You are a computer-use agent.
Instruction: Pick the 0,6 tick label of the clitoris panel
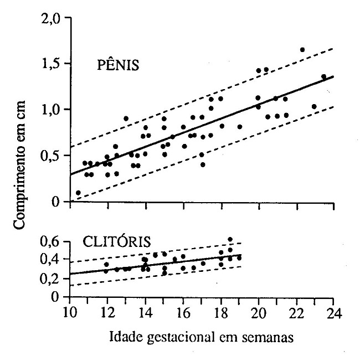(x=54, y=241)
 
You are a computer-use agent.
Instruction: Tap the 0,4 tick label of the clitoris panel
(x=54, y=260)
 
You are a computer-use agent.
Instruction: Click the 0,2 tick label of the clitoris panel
(x=54, y=279)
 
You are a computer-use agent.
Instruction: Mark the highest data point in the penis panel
(x=302, y=50)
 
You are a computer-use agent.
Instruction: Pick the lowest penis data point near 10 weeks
(x=78, y=193)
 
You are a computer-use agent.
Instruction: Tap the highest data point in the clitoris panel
(x=230, y=239)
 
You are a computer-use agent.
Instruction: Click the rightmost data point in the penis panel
(x=323, y=77)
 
